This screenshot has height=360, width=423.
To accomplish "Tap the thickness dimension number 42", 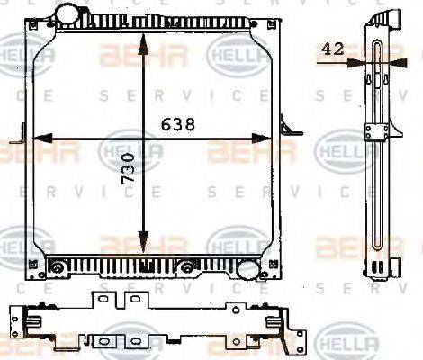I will click(334, 50).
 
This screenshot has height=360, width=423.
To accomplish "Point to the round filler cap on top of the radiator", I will click(67, 14).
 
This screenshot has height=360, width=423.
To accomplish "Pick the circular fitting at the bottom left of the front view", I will click(57, 266).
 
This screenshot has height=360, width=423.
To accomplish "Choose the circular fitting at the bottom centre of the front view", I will click(187, 265).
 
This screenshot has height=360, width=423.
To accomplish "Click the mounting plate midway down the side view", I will click(375, 132).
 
